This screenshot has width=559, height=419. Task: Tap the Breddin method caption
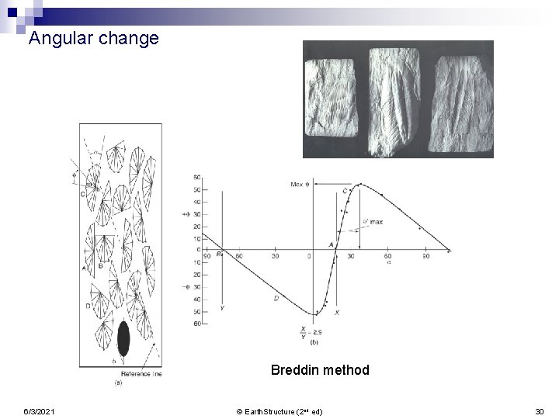(x=320, y=370)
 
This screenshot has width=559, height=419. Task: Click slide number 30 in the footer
(x=540, y=410)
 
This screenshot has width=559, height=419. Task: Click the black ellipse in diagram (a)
(x=123, y=339)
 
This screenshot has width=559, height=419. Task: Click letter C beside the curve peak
(x=344, y=191)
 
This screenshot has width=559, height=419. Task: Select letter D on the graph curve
(x=276, y=298)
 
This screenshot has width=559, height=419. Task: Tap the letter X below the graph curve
(x=336, y=312)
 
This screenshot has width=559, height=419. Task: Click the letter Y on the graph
(x=223, y=308)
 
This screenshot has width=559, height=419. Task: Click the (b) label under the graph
(x=314, y=342)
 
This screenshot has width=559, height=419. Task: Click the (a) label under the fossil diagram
(x=116, y=382)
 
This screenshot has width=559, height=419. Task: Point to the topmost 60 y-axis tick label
(x=197, y=178)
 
